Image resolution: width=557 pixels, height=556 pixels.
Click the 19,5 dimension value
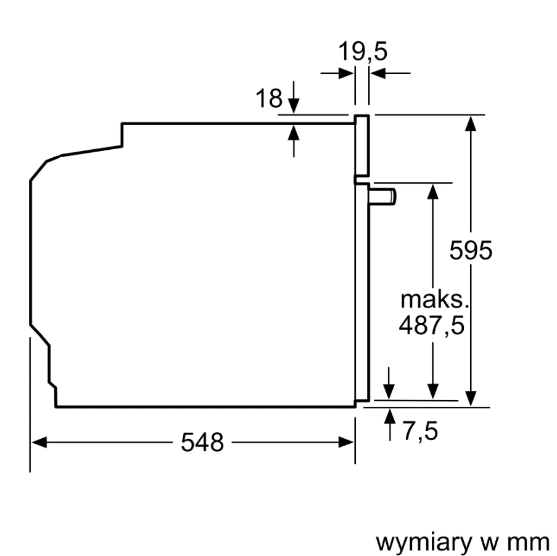(363, 52)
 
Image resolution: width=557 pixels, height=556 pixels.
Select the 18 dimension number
(269, 98)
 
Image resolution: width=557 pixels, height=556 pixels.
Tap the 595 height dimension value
(471, 251)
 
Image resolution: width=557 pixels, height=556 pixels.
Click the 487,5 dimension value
(431, 325)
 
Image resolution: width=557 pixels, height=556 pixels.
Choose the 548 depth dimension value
(202, 442)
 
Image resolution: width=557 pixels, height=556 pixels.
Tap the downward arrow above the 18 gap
(294, 105)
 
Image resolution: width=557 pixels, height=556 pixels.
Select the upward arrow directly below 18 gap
(294, 133)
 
